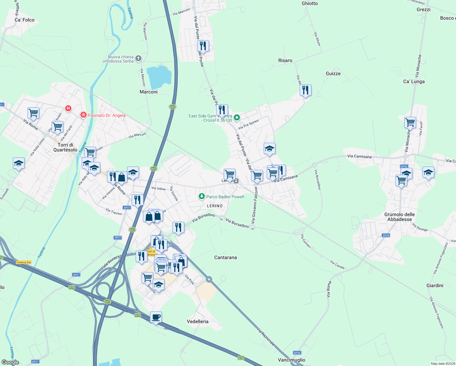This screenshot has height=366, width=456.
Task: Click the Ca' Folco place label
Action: coord(25,20)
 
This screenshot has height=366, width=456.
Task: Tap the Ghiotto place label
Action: coord(309,3)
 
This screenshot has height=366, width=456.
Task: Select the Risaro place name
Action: coord(285,60)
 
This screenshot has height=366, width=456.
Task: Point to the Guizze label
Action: coord(333,74)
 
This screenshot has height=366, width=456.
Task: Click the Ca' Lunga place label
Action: coord(414,81)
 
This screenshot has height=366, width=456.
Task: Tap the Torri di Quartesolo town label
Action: coord(65,147)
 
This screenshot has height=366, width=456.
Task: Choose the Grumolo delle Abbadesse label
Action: coord(399,217)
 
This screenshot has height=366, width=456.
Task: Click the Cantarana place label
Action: coord(225,257)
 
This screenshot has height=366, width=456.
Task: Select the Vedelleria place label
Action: coord(198,321)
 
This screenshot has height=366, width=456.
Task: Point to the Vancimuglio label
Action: coord(291,360)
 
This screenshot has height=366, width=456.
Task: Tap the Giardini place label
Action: coord(435,285)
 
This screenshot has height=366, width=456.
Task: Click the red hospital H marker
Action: coord(68,108)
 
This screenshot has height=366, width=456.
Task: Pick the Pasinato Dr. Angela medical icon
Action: coord(83,115)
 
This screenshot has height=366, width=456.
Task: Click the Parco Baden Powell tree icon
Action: coord(201,196)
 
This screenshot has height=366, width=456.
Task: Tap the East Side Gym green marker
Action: coord(237,117)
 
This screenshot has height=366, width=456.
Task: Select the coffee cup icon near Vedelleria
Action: coord(156,317)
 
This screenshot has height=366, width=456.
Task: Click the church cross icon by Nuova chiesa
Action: coord(138,58)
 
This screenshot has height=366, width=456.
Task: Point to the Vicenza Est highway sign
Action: coord(23,262)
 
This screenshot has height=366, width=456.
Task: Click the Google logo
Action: coord(10,362)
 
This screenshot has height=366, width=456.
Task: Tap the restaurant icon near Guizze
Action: coord(305,90)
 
